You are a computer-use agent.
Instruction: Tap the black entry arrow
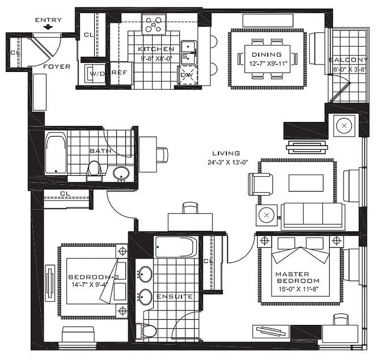coord(48,28)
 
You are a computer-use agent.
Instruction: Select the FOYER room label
coord(57,67)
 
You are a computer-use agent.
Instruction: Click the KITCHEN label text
coord(156,49)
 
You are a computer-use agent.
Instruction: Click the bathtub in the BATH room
coord(56,153)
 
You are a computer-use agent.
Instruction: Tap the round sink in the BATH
coord(121,173)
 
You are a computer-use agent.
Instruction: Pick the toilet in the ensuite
coord(147,331)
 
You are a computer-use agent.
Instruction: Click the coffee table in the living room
coord(306,182)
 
